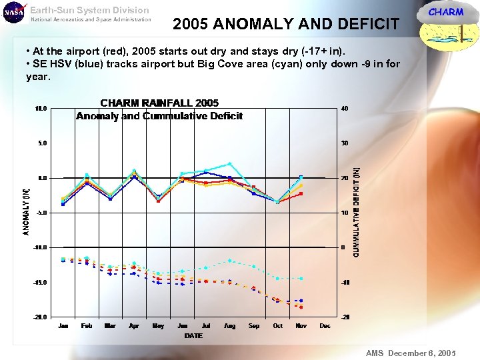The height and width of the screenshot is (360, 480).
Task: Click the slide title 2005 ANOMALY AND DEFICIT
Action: [x=285, y=25]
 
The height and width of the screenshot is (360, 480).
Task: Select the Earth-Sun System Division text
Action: [x=89, y=10]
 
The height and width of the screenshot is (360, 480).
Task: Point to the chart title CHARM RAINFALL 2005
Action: [x=159, y=103]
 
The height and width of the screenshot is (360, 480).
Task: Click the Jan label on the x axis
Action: [x=63, y=326]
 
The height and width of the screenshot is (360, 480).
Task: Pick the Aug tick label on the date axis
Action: [x=229, y=326]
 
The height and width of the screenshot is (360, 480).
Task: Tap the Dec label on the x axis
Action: [x=325, y=326]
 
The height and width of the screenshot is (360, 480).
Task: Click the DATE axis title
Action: [x=194, y=335]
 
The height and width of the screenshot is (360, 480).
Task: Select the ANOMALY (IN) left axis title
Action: [x=27, y=211]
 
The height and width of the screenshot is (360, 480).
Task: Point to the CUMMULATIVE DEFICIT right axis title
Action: [x=356, y=212]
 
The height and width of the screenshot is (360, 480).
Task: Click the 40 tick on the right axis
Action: [x=344, y=109]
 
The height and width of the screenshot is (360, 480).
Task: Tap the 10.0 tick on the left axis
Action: [x=41, y=109]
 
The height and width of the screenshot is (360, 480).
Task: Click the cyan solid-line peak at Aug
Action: [x=230, y=163]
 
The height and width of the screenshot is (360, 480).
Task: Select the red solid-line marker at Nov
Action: [x=301, y=193]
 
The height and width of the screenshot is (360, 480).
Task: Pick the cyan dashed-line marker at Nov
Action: [x=301, y=278]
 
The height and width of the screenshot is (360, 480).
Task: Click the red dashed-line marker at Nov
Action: [x=301, y=307]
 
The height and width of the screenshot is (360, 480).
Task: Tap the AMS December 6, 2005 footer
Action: [x=410, y=352]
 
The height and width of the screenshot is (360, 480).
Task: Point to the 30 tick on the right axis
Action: [x=344, y=143]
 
